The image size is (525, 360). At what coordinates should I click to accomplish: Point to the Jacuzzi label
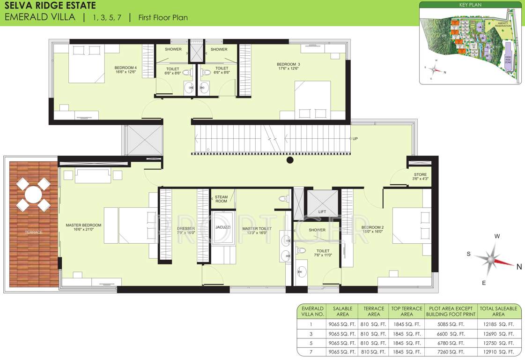point(223,227)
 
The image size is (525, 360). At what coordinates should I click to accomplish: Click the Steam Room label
point(221,199)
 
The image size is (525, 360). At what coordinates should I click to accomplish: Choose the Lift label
point(322,212)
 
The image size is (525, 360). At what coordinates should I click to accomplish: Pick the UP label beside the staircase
point(355,139)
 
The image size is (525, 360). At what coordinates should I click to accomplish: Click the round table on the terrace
point(33,194)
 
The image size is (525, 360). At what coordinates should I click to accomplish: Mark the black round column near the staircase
point(290,160)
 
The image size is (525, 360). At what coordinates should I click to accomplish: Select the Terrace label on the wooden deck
point(34,232)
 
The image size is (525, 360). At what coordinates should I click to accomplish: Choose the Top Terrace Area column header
point(407,311)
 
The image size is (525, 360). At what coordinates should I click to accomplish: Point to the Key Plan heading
point(470,5)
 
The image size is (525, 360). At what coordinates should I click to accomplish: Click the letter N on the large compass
point(519,267)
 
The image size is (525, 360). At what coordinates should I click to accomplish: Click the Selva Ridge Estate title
point(50,6)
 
